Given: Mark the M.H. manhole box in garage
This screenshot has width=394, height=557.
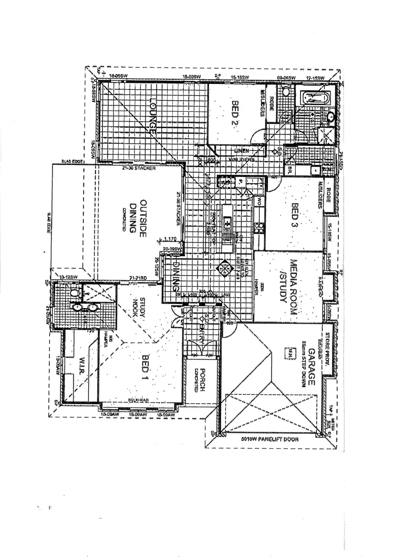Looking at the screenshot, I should pos(288,354).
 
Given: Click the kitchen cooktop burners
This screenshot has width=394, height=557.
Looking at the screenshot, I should pos(259,228).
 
